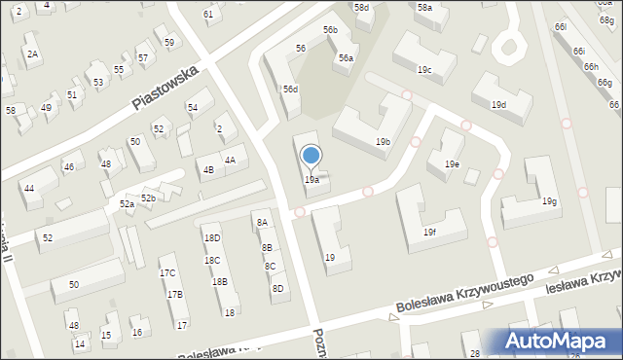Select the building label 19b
click(384, 142)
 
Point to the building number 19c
click(424, 70)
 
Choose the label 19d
click(498, 104)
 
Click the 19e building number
click(452, 164)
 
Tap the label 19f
click(429, 233)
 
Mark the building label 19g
click(550, 201)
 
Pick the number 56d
click(291, 90)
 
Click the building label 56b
click(330, 31)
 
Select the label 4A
click(230, 161)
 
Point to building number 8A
click(262, 223)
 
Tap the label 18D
click(211, 238)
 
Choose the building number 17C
click(167, 273)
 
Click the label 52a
click(127, 204)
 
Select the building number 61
click(208, 15)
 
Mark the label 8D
click(277, 288)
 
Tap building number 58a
click(424, 8)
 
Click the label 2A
click(32, 54)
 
